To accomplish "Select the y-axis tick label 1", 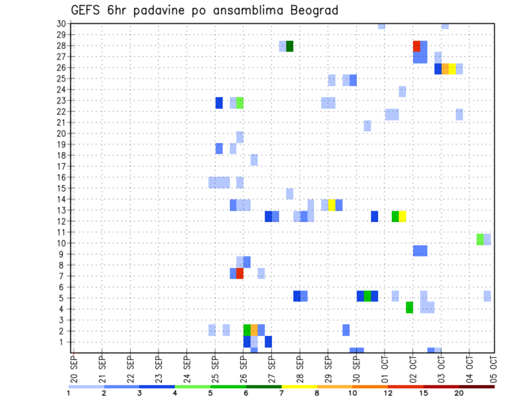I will pyautogui.click(x=63, y=342).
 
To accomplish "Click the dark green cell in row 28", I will pyautogui.click(x=290, y=46).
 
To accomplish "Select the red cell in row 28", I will pyautogui.click(x=417, y=46).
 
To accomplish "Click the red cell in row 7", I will pyautogui.click(x=240, y=273).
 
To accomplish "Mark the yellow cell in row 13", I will pyautogui.click(x=332, y=205).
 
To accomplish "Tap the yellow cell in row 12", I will pyautogui.click(x=403, y=216).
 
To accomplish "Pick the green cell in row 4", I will pyautogui.click(x=410, y=307).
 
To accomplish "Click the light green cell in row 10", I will pyautogui.click(x=480, y=239).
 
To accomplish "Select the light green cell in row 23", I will pyautogui.click(x=240, y=102).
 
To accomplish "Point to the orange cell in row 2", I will pyautogui.click(x=254, y=330).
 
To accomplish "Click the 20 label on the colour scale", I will pyautogui.click(x=459, y=394).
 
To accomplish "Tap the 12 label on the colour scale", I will pyautogui.click(x=388, y=394).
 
